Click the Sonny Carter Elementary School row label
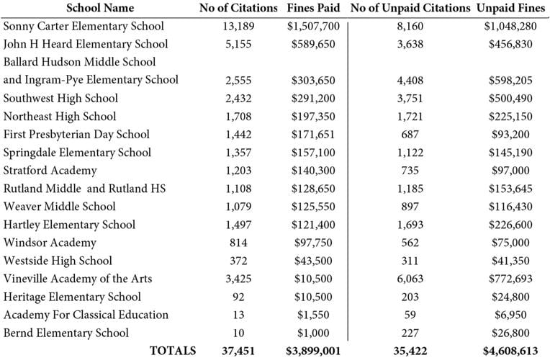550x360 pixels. (x=84, y=26)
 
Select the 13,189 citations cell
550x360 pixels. (x=238, y=26)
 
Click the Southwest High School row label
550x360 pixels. (x=60, y=98)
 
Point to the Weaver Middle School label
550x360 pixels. (x=59, y=207)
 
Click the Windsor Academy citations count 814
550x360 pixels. (x=238, y=243)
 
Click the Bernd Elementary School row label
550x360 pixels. (x=66, y=333)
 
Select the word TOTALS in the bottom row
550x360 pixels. (x=172, y=351)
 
